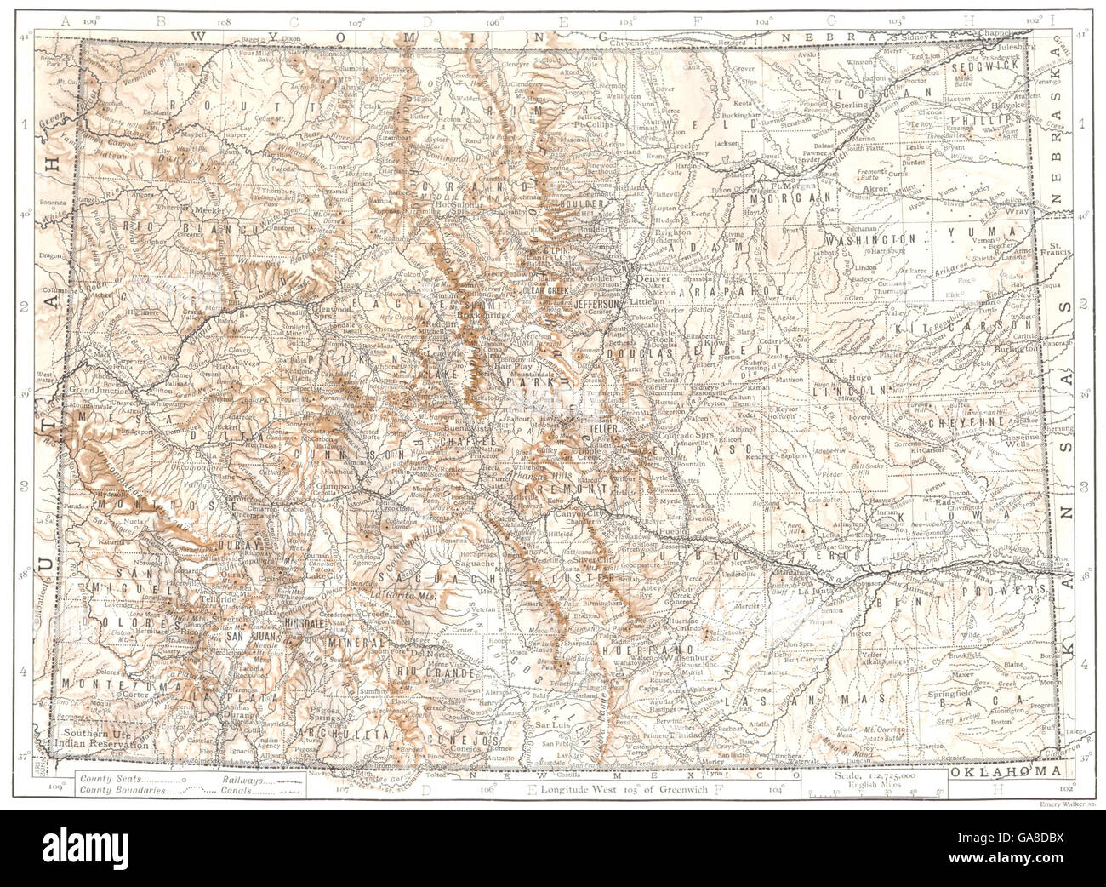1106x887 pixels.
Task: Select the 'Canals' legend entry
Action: tap(246, 791)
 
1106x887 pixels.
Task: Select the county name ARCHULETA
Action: tap(336, 731)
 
